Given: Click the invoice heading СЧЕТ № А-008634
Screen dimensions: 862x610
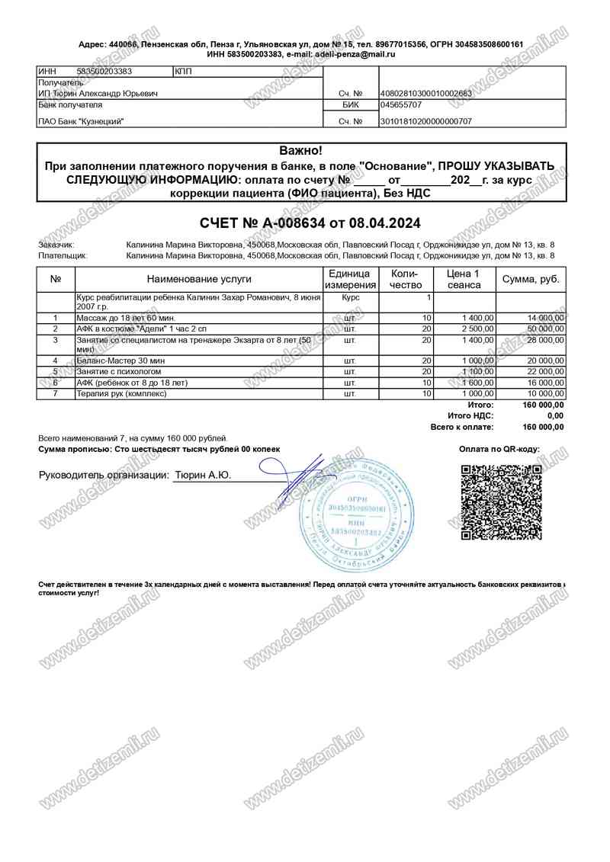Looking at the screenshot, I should [x=310, y=223].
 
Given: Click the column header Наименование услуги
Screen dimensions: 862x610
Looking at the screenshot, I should [x=199, y=279].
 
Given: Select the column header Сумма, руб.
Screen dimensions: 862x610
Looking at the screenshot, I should [x=531, y=279].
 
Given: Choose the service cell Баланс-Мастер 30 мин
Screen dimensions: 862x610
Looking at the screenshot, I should [x=122, y=360].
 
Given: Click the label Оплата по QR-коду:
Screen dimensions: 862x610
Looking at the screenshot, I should [x=499, y=450].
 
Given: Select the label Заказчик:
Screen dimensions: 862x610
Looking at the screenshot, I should [x=56, y=245].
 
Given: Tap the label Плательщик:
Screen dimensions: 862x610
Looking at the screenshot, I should [x=63, y=256].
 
